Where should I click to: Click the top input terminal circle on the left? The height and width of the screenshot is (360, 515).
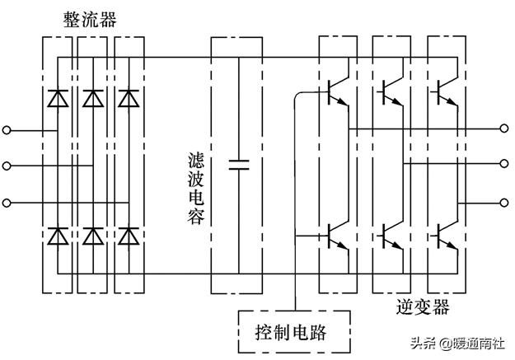coord(7,129)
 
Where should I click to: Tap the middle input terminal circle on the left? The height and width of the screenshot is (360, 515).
coord(7,166)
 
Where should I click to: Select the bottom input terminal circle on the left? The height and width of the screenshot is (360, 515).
coord(7,202)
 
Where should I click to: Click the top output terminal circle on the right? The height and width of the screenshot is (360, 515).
coord(504,129)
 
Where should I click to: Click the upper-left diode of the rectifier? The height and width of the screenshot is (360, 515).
coord(57,98)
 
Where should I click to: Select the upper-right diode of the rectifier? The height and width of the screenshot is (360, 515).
coord(128,98)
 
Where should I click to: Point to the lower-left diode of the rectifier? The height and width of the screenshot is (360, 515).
coord(57,236)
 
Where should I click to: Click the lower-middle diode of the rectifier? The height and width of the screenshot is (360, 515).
coord(92,236)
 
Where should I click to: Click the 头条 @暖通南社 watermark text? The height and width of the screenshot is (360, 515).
coord(457,344)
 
